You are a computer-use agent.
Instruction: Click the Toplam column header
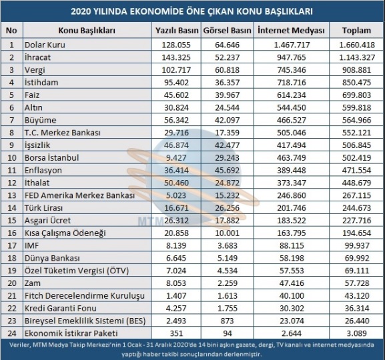click(356, 31)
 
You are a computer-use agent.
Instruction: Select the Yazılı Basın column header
click(177, 31)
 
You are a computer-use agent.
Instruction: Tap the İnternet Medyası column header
click(291, 31)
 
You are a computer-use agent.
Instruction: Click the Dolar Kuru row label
click(45, 45)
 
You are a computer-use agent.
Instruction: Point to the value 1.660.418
click(357, 45)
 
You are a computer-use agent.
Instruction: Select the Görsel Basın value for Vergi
click(227, 70)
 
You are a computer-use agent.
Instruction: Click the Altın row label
click(33, 107)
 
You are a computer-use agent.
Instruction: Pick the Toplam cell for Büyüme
click(356, 120)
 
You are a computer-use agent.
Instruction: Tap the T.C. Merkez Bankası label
click(62, 133)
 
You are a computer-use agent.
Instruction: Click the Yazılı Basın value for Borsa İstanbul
click(176, 158)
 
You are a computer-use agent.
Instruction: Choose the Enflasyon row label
click(43, 170)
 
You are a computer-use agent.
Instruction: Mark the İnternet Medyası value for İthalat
click(292, 183)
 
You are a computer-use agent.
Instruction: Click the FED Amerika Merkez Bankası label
click(79, 195)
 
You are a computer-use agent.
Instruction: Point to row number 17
click(12, 245)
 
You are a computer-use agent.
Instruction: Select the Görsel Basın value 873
click(227, 321)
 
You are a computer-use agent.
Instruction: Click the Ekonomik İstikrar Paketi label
click(71, 333)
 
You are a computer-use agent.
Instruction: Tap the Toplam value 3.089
click(356, 333)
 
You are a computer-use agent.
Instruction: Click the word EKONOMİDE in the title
click(155, 11)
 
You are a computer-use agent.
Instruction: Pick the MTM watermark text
click(150, 221)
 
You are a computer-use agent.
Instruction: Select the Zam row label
click(33, 283)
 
